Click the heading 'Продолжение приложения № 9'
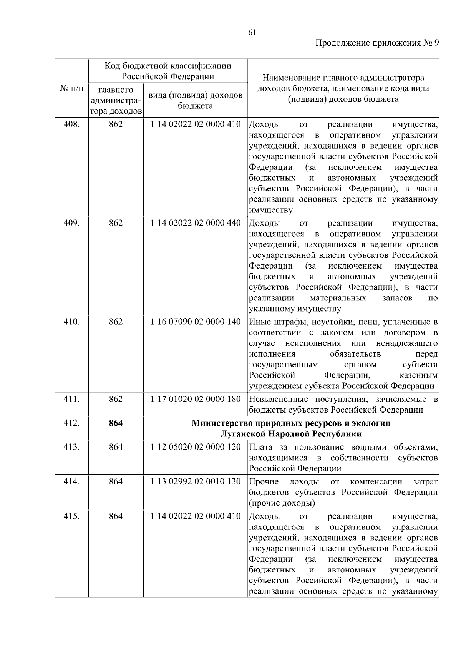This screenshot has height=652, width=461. (377, 43)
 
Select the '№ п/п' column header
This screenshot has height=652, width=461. (71, 89)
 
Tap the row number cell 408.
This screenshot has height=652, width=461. (71, 124)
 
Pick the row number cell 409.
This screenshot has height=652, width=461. (71, 223)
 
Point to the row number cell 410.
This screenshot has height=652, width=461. (71, 322)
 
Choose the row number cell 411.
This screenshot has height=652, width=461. (71, 399)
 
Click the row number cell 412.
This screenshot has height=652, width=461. (71, 423)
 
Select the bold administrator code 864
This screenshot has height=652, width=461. (116, 423)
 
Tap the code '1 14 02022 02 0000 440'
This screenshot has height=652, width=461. (196, 223)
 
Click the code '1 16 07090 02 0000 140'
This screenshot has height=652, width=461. (196, 322)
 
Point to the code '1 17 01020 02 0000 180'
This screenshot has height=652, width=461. (196, 399)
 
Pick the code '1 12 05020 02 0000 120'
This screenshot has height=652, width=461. (196, 447)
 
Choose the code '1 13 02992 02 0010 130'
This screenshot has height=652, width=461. (196, 481)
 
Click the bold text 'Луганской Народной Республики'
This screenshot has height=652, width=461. (291, 434)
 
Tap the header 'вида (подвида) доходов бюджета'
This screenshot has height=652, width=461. (196, 100)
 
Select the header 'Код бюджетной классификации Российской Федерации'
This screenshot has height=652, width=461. (168, 71)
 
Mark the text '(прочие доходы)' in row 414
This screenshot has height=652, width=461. (282, 503)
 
